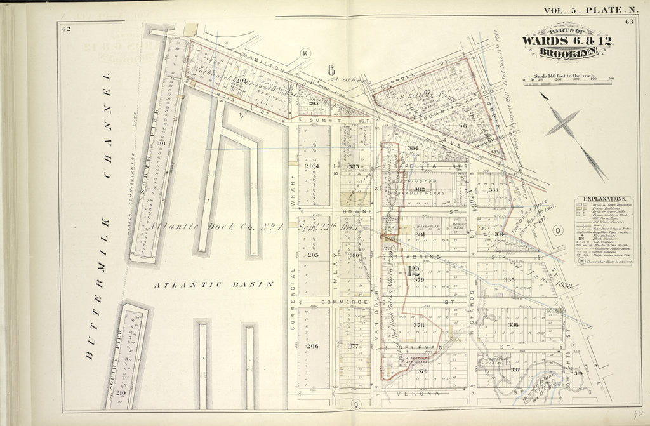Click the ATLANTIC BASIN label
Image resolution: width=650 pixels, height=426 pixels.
pyautogui.click(x=214, y=285)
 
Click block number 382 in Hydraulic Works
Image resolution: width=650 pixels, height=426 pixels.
pyautogui.click(x=419, y=189)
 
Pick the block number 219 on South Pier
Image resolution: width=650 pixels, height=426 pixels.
pyautogui.click(x=121, y=394)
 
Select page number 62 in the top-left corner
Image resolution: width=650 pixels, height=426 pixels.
pyautogui.click(x=66, y=28)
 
